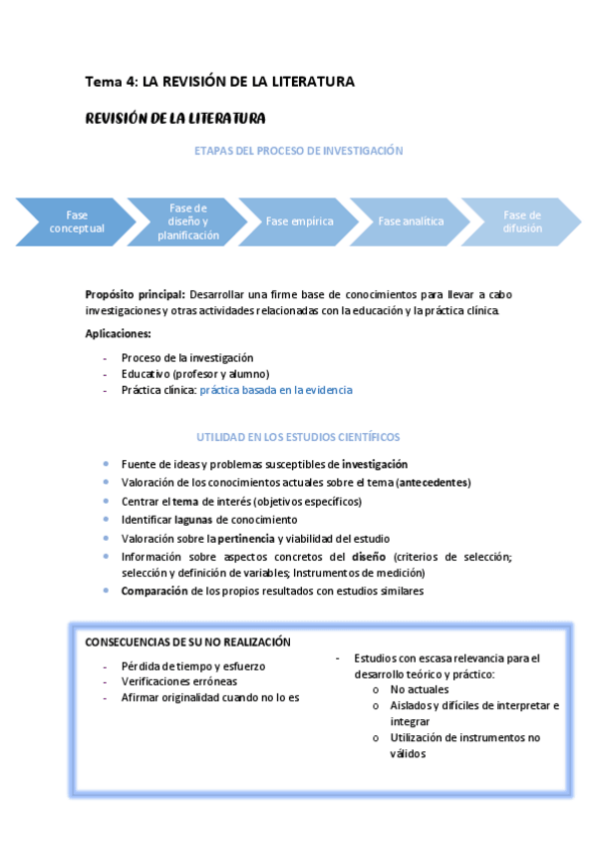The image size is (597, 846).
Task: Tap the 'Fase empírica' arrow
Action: click(x=299, y=221)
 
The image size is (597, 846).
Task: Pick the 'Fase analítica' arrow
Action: click(x=411, y=221)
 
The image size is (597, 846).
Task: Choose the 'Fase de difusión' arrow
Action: click(x=521, y=221)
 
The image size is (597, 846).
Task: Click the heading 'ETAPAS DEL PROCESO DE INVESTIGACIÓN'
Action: click(x=298, y=151)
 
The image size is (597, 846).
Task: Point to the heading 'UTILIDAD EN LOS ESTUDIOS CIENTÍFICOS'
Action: click(x=298, y=437)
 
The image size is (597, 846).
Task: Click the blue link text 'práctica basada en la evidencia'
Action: click(x=276, y=390)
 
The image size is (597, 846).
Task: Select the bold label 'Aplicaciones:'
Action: click(x=119, y=333)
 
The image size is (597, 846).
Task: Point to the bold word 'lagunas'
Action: click(x=194, y=520)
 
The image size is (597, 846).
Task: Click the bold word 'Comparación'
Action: click(x=154, y=591)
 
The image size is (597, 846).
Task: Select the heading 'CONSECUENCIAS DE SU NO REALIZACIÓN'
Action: click(x=187, y=641)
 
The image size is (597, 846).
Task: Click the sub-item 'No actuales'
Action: click(x=420, y=689)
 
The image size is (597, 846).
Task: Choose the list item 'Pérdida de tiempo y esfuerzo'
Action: click(x=193, y=665)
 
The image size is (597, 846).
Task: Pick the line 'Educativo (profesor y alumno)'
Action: click(x=195, y=373)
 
